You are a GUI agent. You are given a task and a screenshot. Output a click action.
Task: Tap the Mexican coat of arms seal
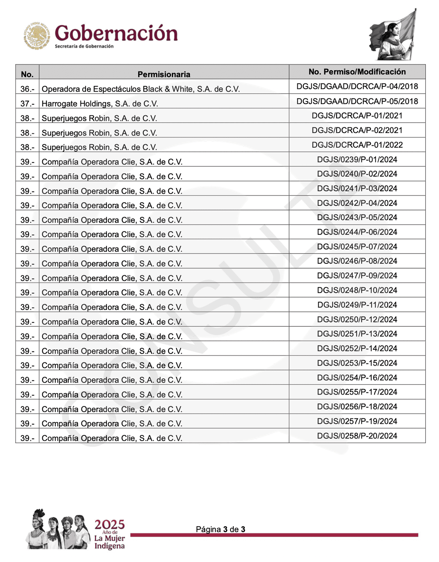(37, 36)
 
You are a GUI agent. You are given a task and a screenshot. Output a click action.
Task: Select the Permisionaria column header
(164, 74)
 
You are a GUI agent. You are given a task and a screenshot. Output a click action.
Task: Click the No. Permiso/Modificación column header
(357, 72)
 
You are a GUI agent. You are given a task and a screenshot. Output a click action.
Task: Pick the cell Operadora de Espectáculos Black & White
(141, 89)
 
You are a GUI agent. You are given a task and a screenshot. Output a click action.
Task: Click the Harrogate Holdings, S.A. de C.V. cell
(100, 104)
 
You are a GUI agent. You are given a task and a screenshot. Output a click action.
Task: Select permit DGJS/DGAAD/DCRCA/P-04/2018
(357, 86)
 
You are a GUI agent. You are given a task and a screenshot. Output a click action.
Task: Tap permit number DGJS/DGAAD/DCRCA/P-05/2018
(357, 101)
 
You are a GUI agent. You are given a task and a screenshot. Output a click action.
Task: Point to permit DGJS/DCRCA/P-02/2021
(357, 130)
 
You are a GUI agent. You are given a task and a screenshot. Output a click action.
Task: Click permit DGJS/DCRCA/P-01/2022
(357, 145)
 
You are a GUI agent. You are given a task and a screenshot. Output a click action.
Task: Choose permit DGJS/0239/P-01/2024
(357, 159)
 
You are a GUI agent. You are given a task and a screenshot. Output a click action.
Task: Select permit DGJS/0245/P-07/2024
(357, 247)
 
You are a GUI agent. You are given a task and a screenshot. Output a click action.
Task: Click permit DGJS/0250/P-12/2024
(357, 319)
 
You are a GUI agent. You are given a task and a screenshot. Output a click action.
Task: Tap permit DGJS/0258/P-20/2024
(357, 436)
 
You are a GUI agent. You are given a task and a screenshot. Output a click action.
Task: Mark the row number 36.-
(27, 89)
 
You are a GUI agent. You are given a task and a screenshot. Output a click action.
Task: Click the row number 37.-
(27, 104)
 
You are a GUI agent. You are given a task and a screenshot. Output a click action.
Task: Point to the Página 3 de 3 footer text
(221, 529)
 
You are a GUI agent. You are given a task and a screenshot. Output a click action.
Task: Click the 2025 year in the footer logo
(110, 525)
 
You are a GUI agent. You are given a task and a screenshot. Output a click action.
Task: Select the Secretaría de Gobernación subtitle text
(84, 47)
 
